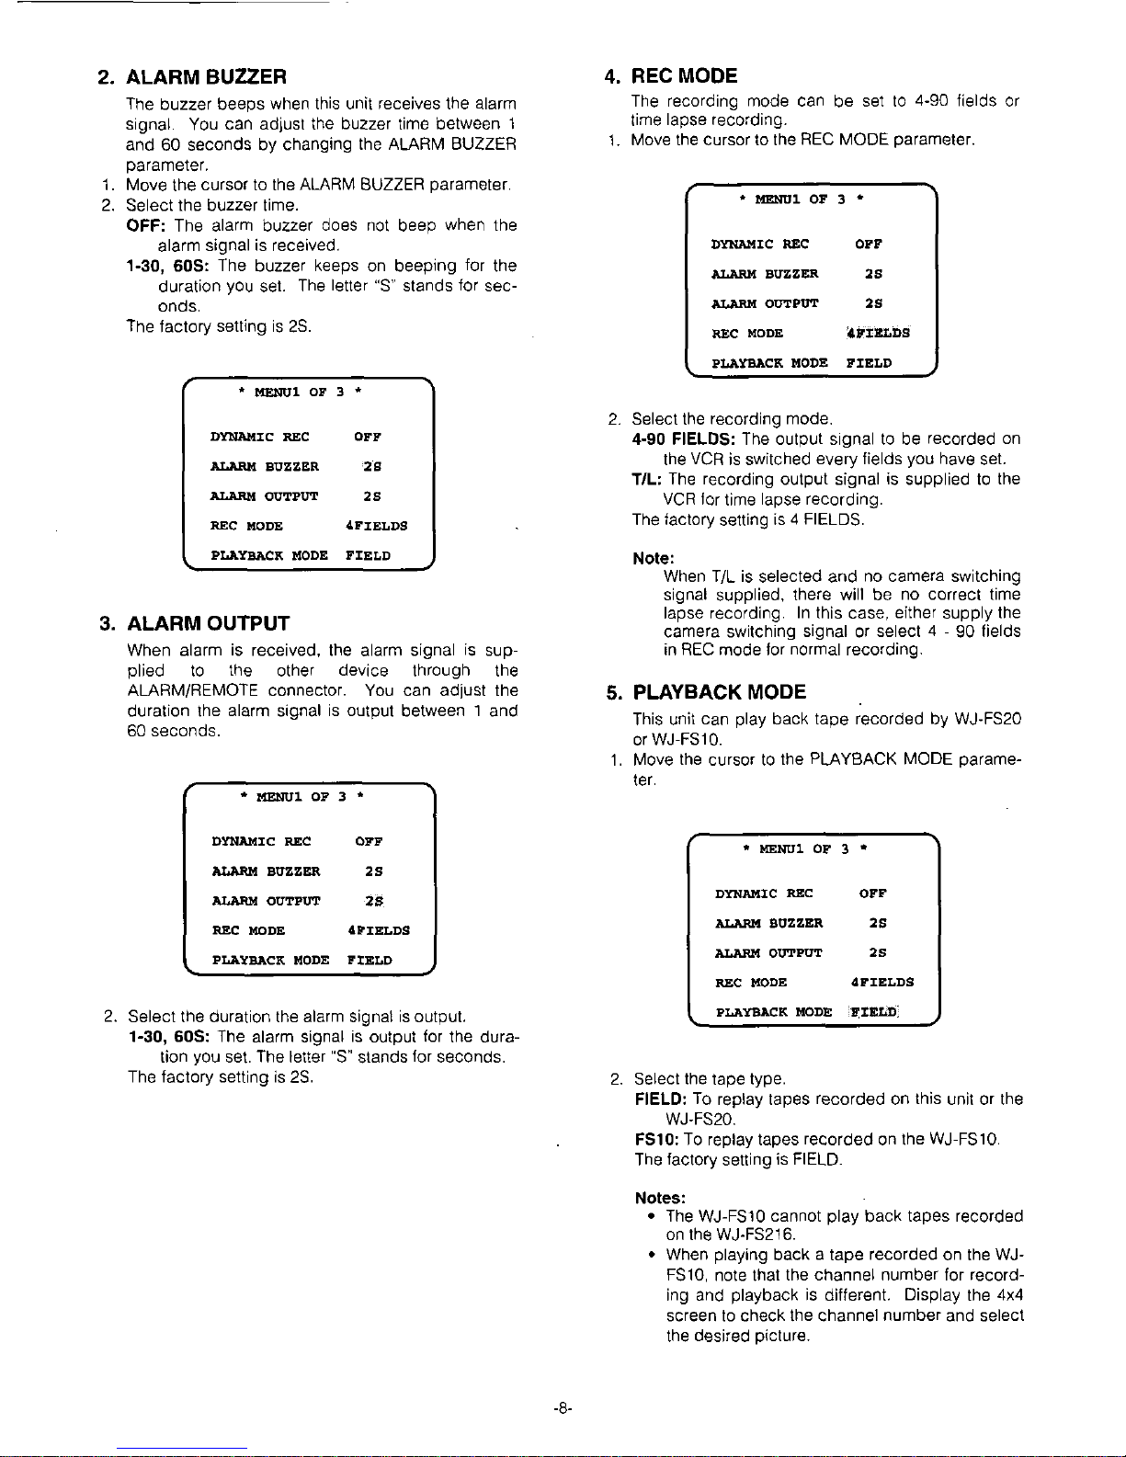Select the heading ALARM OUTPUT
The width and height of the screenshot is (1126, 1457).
coord(208,623)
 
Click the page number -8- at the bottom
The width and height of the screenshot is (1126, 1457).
coord(563,1408)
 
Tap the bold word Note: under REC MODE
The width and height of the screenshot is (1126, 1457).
coord(654,558)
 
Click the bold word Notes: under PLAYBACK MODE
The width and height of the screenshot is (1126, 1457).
coord(660,1198)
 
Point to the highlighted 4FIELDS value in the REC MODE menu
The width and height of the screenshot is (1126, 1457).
coord(878,333)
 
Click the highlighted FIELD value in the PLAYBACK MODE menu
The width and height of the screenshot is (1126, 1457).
coord(873,1012)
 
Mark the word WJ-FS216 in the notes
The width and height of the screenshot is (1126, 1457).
coord(756,1235)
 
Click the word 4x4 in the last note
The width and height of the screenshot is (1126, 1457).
coord(1008,1295)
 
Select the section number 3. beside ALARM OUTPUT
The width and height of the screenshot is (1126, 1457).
coord(107,623)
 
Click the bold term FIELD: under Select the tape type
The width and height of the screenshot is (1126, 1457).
coord(660,1099)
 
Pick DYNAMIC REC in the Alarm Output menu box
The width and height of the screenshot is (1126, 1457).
coord(261,841)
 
